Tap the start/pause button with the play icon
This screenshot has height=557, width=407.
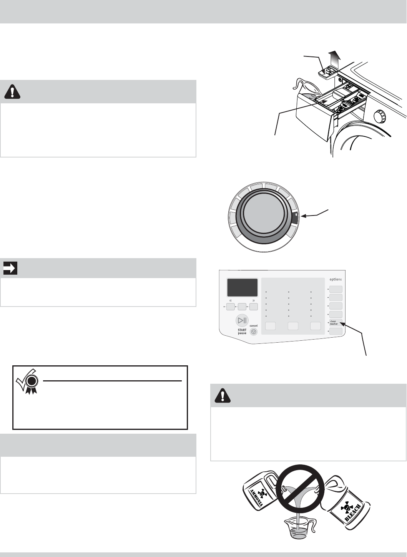(242, 321)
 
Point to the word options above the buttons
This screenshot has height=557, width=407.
(335, 279)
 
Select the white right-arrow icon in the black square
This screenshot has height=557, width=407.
(10, 269)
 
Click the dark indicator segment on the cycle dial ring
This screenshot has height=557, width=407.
(294, 217)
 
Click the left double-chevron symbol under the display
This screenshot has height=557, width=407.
(230, 301)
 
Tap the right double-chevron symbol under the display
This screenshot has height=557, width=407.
(254, 301)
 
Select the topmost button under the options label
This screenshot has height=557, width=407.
(336, 289)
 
